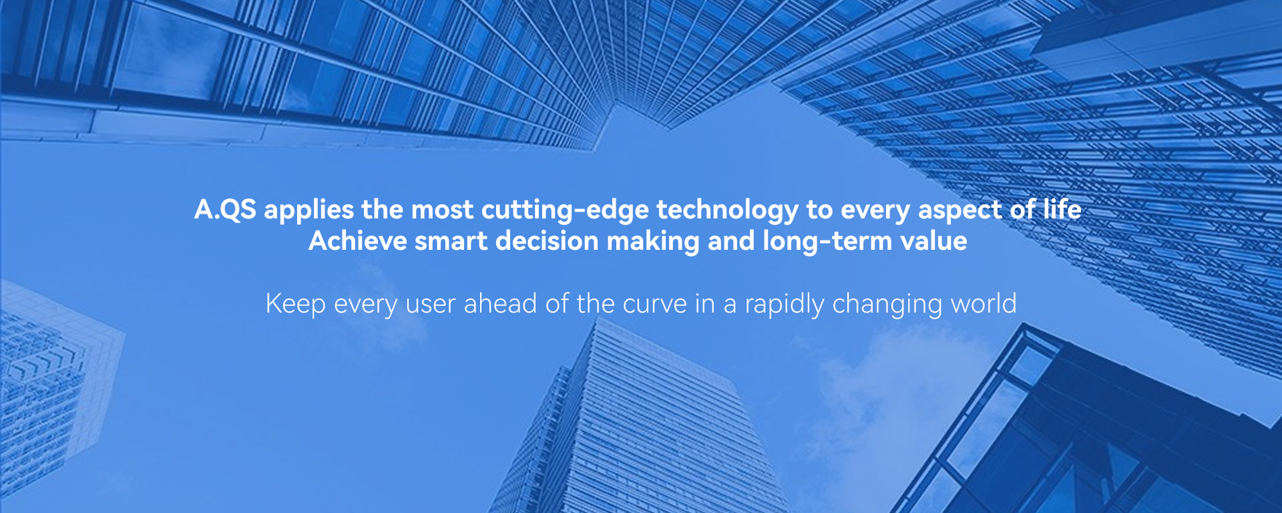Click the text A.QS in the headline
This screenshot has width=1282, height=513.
pyautogui.click(x=225, y=210)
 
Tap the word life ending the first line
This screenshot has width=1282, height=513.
pyautogui.click(x=1062, y=209)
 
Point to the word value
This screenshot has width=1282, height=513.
pyautogui.click(x=933, y=241)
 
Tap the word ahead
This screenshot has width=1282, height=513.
pyautogui.click(x=501, y=304)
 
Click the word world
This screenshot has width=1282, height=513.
pyautogui.click(x=984, y=304)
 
